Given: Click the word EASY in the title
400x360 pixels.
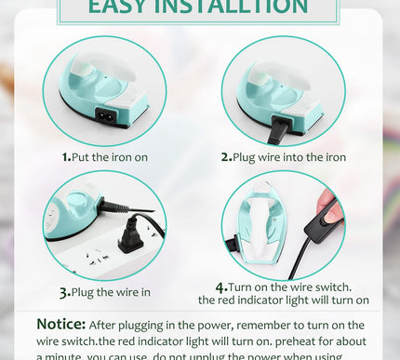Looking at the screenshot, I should pyautogui.click(x=119, y=8).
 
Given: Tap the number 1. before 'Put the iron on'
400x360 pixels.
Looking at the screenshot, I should pyautogui.click(x=67, y=157).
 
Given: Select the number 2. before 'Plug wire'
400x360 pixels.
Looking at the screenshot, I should pyautogui.click(x=226, y=157).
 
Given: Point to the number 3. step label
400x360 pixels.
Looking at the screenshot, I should pyautogui.click(x=65, y=292).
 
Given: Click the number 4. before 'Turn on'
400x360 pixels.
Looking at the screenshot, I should pyautogui.click(x=221, y=287).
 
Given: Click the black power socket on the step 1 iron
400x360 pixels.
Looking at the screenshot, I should pyautogui.click(x=108, y=117).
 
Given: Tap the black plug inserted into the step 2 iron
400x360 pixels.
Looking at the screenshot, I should pyautogui.click(x=276, y=131).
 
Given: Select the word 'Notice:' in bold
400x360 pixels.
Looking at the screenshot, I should pyautogui.click(x=61, y=325).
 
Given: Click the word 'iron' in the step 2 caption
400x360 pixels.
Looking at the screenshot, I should pyautogui.click(x=332, y=157).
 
